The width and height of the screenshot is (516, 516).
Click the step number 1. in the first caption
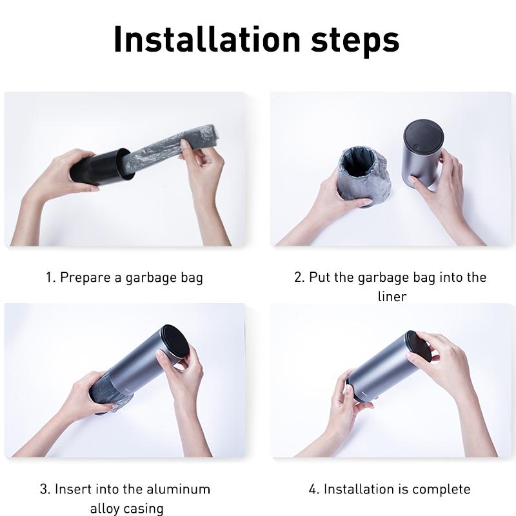click(50, 278)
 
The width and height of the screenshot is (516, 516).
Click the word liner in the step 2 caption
click(392, 296)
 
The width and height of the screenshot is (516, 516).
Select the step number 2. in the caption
click(299, 278)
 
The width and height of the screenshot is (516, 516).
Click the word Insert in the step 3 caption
click(72, 489)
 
